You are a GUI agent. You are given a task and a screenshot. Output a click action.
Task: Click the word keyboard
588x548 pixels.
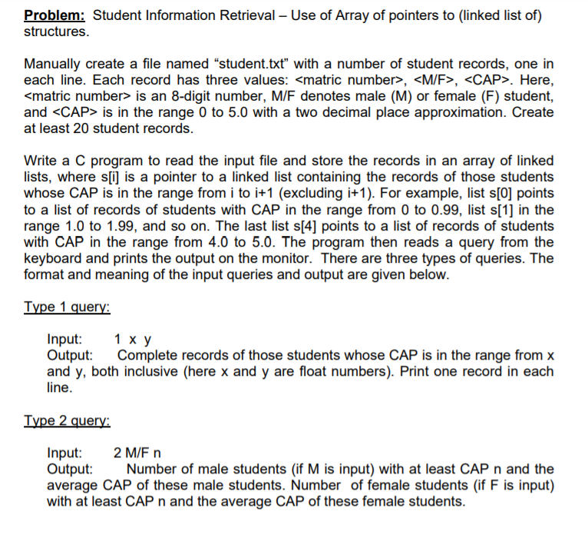click(x=55, y=257)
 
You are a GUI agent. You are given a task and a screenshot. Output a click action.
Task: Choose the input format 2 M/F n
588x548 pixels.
click(x=137, y=453)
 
